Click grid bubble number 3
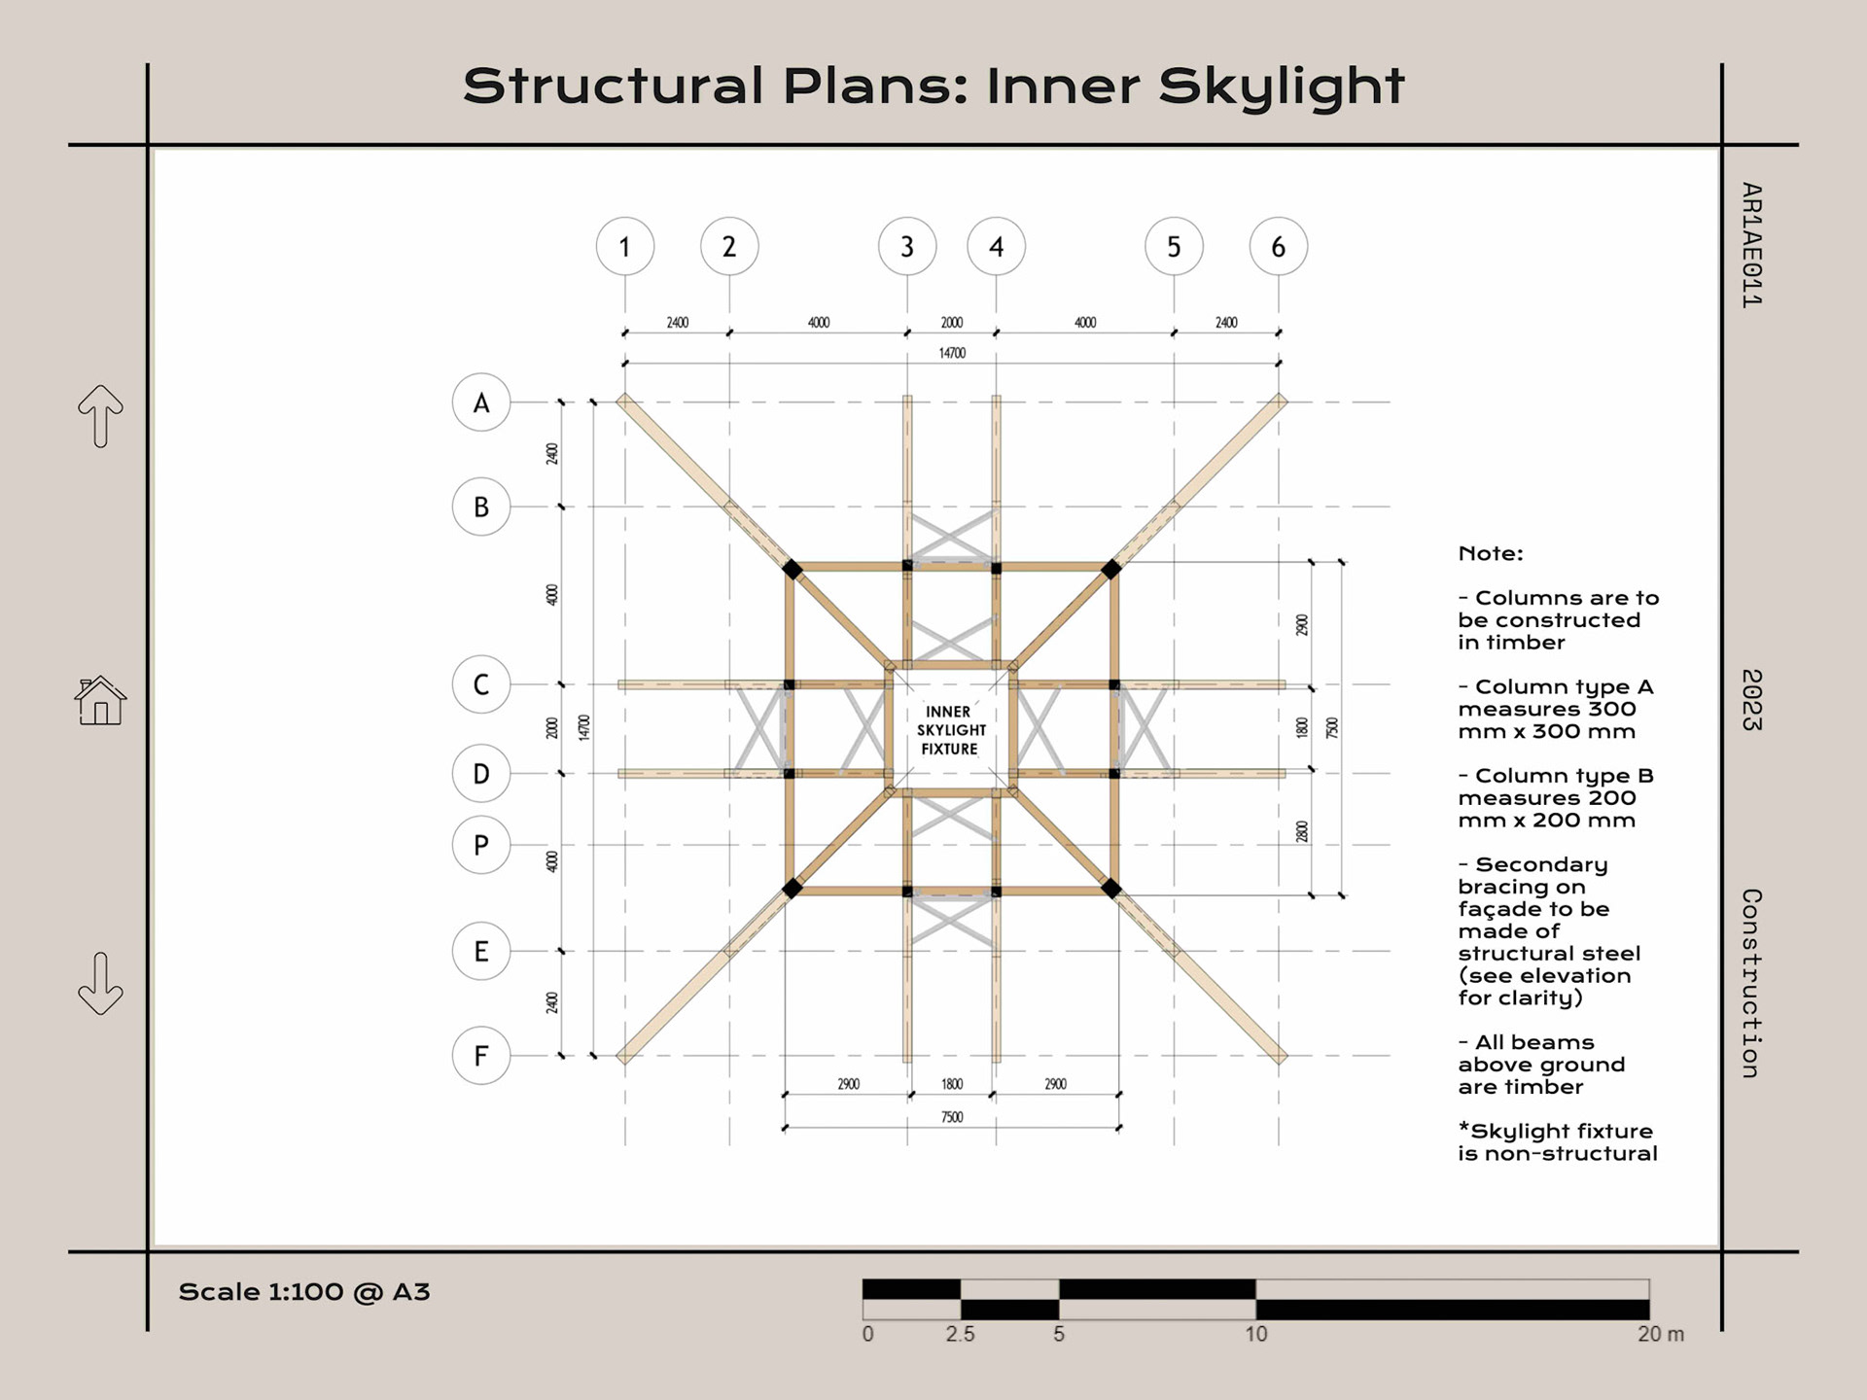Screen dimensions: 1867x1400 tap(906, 247)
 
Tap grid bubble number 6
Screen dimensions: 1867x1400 tap(1278, 247)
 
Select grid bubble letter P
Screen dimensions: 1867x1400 tap(481, 845)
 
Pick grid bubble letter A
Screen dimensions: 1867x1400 tap(481, 402)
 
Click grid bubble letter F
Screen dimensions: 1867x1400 tap(481, 1055)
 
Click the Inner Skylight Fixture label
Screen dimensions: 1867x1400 tap(951, 730)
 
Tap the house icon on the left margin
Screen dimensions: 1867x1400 tap(100, 701)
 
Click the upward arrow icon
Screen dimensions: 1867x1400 tap(100, 416)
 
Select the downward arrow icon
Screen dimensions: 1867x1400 tap(100, 984)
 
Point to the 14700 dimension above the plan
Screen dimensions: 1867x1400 tap(952, 353)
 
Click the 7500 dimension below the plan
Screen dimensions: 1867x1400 tap(952, 1117)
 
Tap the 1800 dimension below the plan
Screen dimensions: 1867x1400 tap(952, 1084)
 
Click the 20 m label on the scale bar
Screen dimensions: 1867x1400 tap(1660, 1334)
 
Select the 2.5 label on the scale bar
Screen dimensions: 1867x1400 tap(960, 1334)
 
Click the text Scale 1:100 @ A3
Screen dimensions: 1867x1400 tap(304, 1292)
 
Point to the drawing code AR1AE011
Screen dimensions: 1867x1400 tap(1750, 245)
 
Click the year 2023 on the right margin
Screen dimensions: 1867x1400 tap(1750, 700)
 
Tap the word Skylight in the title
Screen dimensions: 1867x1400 tap(1282, 87)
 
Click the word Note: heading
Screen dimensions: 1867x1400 tap(1491, 554)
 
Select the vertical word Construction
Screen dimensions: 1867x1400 tap(1750, 983)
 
